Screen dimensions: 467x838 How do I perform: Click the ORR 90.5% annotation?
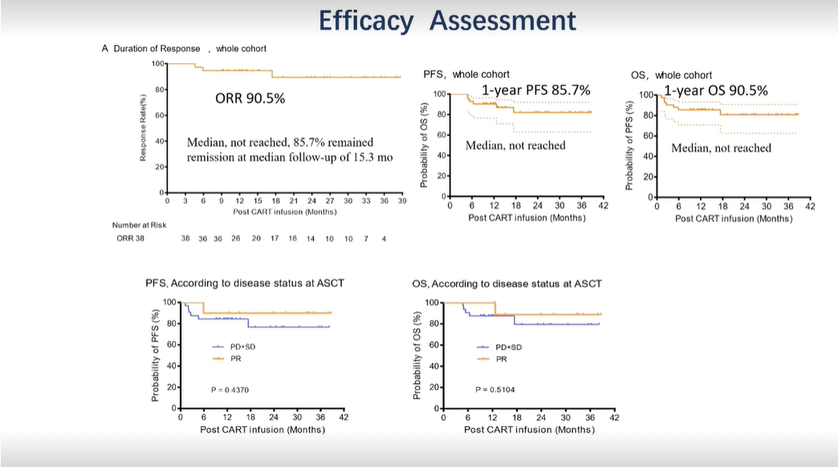pyautogui.click(x=250, y=99)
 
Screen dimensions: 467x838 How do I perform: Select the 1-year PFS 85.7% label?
pyautogui.click(x=535, y=90)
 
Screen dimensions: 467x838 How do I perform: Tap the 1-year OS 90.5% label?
pyautogui.click(x=715, y=90)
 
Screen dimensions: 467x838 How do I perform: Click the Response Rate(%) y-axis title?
pyautogui.click(x=143, y=128)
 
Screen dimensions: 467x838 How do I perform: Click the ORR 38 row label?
pyautogui.click(x=129, y=238)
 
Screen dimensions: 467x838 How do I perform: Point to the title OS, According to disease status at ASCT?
pyautogui.click(x=506, y=283)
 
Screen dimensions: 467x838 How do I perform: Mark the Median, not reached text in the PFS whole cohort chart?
pyautogui.click(x=515, y=145)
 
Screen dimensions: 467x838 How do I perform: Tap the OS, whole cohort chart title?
pyautogui.click(x=672, y=75)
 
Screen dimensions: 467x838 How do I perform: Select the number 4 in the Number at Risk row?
pyautogui.click(x=384, y=238)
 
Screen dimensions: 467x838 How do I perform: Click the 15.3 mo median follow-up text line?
pyautogui.click(x=290, y=157)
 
